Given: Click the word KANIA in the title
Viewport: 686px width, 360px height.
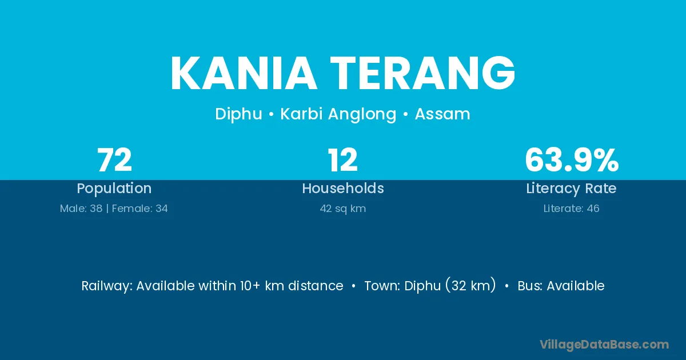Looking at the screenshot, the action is (244, 73).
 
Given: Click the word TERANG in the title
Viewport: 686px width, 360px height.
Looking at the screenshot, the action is (423, 73).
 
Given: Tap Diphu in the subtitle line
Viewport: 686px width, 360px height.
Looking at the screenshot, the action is (238, 114).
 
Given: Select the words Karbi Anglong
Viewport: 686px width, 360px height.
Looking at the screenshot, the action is (338, 114).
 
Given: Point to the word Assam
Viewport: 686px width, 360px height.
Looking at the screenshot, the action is (442, 114).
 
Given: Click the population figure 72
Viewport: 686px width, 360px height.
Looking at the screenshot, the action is (114, 160).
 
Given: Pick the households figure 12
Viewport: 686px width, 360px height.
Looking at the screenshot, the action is (342, 160).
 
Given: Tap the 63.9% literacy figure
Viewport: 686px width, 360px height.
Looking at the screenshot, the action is (572, 160).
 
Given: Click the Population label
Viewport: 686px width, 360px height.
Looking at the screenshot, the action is (114, 189).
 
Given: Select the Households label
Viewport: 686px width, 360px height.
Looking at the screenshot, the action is (343, 188).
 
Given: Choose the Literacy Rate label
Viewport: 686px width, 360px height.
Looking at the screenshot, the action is (571, 189).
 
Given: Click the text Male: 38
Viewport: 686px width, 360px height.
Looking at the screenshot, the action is (81, 209).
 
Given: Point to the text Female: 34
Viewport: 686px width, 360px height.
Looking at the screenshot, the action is (139, 209).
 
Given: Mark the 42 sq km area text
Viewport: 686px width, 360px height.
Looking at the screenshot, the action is (343, 209).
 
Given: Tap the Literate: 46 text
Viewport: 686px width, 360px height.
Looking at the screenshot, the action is (572, 209).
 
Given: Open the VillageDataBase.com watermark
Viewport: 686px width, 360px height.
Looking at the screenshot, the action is (604, 345).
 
